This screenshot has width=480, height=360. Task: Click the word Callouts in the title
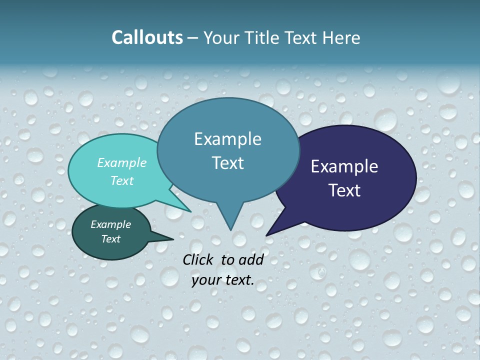tap(147, 38)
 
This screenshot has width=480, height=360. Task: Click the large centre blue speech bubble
tap(228, 150)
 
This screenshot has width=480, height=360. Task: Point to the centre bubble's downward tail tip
tap(230, 229)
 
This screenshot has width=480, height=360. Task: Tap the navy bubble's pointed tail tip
tap(267, 234)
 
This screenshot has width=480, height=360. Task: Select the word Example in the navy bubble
tap(344, 166)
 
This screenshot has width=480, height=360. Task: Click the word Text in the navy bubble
tap(344, 190)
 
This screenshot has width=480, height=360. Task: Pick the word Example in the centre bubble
tap(227, 139)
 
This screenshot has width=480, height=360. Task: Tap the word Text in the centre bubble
tap(228, 163)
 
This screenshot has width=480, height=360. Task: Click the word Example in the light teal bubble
tap(121, 162)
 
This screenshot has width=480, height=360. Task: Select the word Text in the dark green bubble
tap(111, 239)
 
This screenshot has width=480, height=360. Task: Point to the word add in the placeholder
tap(251, 259)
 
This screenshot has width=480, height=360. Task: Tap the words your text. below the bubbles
tap(223, 280)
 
